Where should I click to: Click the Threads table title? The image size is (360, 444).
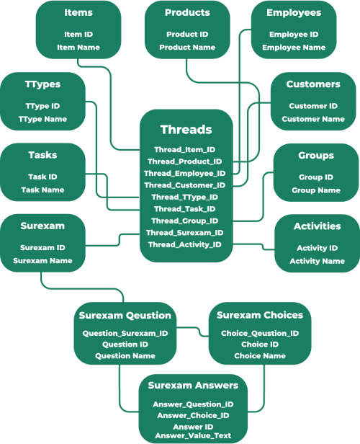tap(186, 130)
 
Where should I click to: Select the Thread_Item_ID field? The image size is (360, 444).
tap(184, 149)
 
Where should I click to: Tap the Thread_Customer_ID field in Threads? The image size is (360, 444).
tap(184, 185)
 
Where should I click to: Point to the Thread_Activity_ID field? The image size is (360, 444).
tap(184, 244)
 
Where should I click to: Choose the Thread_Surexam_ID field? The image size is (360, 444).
tap(184, 233)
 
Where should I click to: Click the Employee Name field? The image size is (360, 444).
tap(294, 48)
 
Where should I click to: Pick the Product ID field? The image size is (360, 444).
tap(187, 35)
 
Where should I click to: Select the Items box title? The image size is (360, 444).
tap(78, 12)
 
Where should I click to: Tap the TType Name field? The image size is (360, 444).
tap(42, 119)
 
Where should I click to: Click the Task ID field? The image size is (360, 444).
tap(42, 177)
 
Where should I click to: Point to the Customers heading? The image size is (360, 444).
tap(313, 84)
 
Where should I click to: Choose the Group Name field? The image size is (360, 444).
tap(316, 190)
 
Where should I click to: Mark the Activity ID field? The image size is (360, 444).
tap(317, 248)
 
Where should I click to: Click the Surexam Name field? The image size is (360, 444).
tap(42, 260)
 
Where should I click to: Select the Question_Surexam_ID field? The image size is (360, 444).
tap(125, 333)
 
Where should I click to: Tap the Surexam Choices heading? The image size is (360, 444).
tap(260, 315)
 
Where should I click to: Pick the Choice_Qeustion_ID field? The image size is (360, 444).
tap(260, 333)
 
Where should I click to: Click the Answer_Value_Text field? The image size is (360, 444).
tap(193, 435)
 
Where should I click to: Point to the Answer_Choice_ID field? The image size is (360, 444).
tap(193, 415)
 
